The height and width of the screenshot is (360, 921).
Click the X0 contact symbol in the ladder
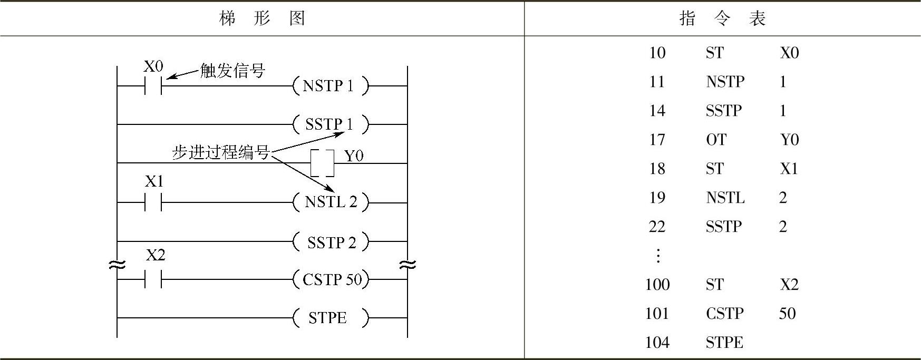tap(153, 85)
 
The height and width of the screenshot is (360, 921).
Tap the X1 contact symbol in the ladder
tap(153, 202)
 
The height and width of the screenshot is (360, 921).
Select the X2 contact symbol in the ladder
tap(153, 279)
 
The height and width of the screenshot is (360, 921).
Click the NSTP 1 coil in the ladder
tap(331, 85)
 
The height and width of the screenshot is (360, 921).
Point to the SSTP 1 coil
tap(331, 124)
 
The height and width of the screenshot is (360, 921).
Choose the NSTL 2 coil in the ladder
tap(331, 202)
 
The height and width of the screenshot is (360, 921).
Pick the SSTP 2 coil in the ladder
tap(331, 242)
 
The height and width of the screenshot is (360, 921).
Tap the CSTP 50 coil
tap(331, 279)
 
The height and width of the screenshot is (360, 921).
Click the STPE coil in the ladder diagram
tap(331, 318)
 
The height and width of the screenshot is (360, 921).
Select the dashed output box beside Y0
tap(323, 163)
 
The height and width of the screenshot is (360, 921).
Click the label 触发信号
tap(232, 71)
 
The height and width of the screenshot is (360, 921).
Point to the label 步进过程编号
tap(221, 152)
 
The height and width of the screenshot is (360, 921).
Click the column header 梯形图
tap(262, 19)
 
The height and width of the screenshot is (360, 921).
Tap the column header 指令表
tap(722, 19)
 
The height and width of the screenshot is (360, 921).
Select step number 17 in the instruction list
tap(657, 140)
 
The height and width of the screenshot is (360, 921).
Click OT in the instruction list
tap(716, 140)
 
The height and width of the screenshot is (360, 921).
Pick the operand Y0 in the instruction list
tap(789, 140)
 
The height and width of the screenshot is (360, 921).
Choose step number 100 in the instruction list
tap(657, 285)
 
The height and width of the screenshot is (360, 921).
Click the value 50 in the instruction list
tap(787, 314)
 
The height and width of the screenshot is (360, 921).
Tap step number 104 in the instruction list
tap(657, 343)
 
